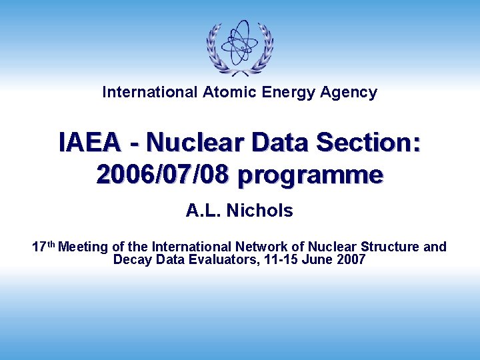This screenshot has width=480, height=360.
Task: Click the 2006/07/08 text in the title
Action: click(163, 175)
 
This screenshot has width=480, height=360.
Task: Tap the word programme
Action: click(310, 175)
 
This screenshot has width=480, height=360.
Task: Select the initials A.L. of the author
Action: click(204, 211)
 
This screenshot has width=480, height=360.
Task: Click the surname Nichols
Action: click(260, 211)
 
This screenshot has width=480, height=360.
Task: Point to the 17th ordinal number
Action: click(43, 247)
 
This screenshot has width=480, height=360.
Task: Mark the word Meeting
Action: click(83, 247)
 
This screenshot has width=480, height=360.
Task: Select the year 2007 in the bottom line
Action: click(351, 260)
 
